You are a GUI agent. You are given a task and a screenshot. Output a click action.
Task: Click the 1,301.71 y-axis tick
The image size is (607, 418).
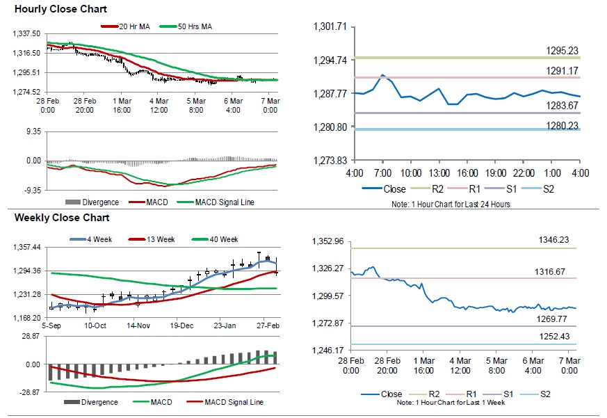330,27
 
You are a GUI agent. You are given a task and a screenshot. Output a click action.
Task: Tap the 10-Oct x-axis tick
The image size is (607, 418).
95,326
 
